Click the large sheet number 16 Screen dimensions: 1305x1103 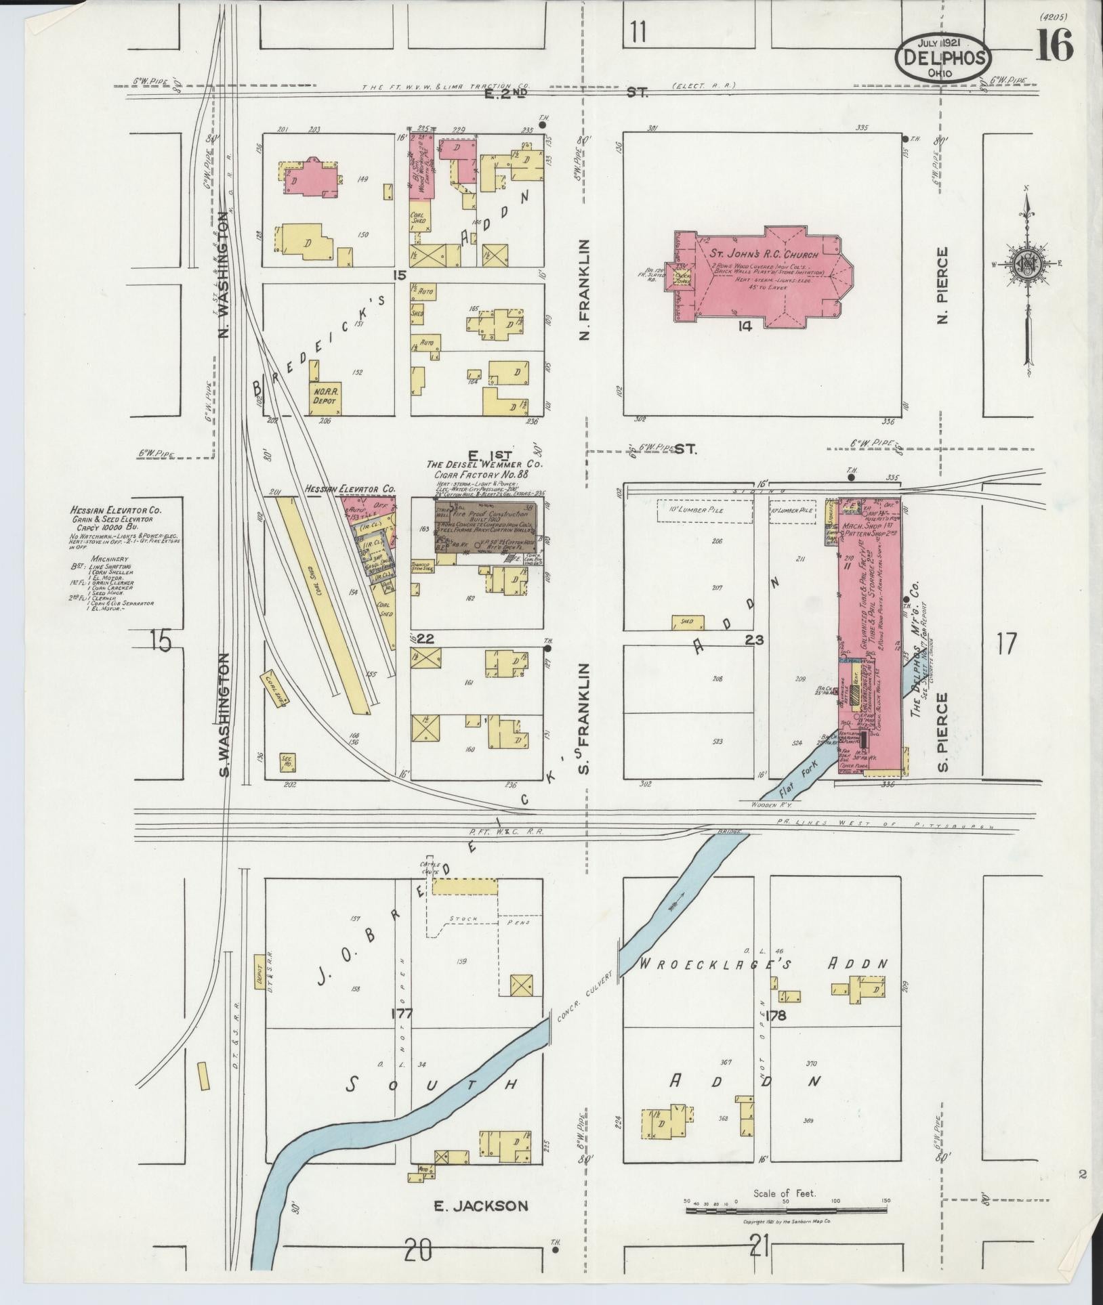click(x=1054, y=46)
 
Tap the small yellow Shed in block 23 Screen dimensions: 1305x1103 click(x=688, y=621)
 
